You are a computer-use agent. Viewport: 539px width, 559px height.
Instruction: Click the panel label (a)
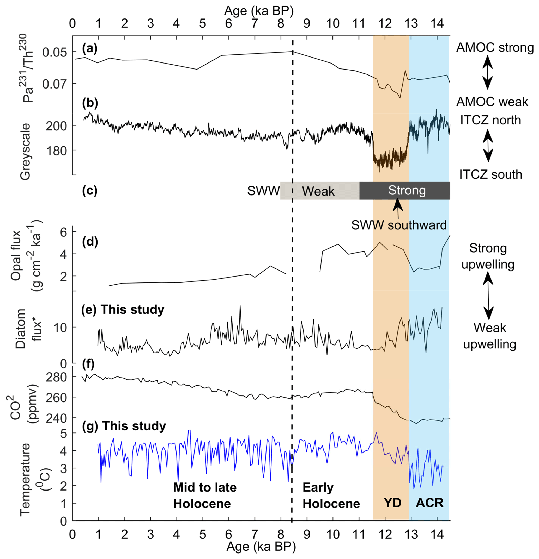90,49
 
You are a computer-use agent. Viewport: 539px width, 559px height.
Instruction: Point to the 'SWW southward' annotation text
399,225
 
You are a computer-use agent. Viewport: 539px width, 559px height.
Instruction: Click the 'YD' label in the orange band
392,503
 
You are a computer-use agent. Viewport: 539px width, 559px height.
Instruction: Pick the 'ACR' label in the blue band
429,503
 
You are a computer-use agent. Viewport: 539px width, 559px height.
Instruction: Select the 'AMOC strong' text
495,48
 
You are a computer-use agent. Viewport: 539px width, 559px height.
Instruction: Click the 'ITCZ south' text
490,174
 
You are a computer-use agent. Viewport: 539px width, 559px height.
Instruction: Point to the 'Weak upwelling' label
489,336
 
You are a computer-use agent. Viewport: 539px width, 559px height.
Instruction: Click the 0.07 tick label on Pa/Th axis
54,84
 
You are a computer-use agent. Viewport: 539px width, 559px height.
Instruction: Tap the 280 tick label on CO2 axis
56,377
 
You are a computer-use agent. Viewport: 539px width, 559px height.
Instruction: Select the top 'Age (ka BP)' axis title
259,11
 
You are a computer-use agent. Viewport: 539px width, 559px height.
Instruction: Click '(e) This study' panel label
123,310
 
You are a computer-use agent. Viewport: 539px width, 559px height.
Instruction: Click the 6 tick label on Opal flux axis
63,233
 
